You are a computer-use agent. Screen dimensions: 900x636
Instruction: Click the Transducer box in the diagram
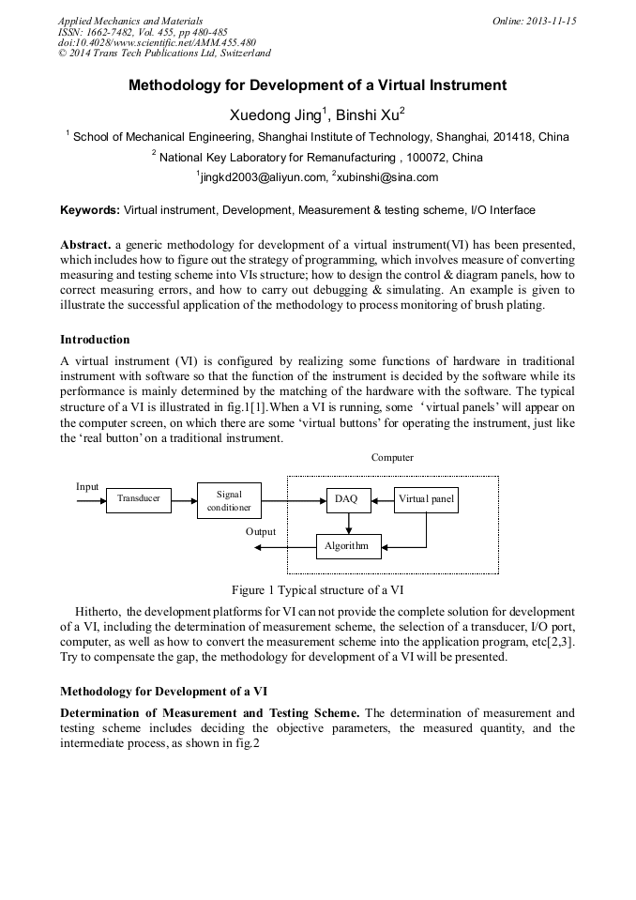pyautogui.click(x=139, y=499)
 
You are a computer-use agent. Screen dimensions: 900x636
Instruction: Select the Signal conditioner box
pyautogui.click(x=229, y=500)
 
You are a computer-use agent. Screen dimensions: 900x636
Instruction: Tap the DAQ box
pyautogui.click(x=346, y=499)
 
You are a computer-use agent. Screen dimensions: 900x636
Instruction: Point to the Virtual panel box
pyautogui.click(x=426, y=499)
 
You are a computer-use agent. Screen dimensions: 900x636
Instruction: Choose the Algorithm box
pyautogui.click(x=346, y=545)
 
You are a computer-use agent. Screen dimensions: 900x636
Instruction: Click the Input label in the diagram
pyautogui.click(x=87, y=487)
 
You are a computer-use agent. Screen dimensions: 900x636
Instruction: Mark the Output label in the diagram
pyautogui.click(x=261, y=532)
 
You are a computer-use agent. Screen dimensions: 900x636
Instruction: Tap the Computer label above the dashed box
pyautogui.click(x=392, y=458)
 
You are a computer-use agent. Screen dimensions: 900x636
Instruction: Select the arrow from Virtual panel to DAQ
pyautogui.click(x=381, y=500)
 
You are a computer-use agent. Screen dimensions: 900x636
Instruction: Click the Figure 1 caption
pyautogui.click(x=318, y=590)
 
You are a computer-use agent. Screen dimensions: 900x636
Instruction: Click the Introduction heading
pyautogui.click(x=95, y=339)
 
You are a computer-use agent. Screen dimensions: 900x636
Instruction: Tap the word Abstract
pyautogui.click(x=85, y=244)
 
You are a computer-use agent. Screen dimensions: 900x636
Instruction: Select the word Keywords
pyautogui.click(x=89, y=210)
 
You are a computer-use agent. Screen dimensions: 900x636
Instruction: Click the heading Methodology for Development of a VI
pyautogui.click(x=163, y=691)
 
